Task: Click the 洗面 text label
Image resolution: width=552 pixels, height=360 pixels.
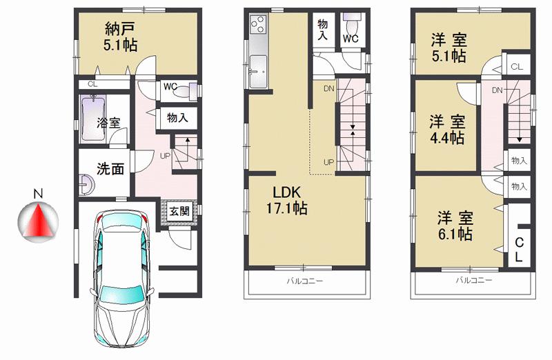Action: click(x=110, y=168)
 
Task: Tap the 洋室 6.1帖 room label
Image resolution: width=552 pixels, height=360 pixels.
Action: click(x=454, y=226)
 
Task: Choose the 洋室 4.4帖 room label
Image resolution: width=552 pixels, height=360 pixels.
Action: click(x=447, y=129)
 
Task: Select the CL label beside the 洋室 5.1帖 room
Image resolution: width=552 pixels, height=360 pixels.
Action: click(x=517, y=67)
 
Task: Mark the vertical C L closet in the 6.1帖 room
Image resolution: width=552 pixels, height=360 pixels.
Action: click(x=520, y=250)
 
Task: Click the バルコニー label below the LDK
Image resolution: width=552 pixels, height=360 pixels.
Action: click(x=306, y=281)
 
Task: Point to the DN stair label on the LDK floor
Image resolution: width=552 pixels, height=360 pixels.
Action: click(x=329, y=88)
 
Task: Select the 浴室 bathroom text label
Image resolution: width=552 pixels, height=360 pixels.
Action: click(x=109, y=123)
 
